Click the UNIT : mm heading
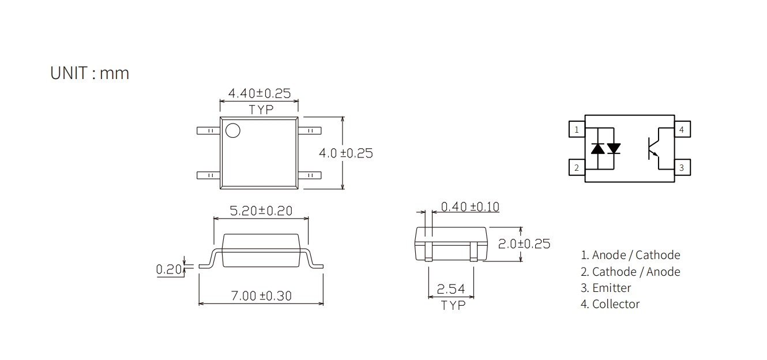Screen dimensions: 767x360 tap(90, 73)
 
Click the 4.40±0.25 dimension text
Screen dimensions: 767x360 tap(259, 93)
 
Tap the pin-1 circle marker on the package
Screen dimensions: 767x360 tap(233, 130)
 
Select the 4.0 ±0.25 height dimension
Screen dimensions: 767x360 tap(346, 153)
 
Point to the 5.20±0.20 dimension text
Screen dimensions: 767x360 tap(261, 211)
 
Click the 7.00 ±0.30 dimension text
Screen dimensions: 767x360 tap(261, 295)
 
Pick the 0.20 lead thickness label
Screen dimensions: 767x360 tap(169, 269)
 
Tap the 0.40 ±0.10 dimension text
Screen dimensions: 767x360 tap(470, 207)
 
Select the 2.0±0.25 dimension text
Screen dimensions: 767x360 tap(524, 243)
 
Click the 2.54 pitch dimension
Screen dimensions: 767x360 tap(451, 289)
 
